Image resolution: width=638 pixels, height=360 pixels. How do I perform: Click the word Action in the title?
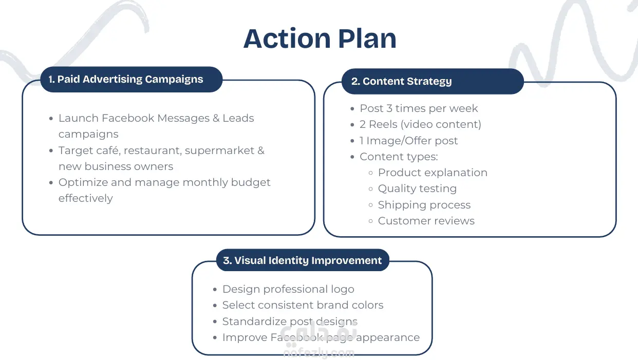click(x=287, y=39)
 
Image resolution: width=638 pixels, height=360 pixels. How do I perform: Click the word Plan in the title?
click(x=367, y=39)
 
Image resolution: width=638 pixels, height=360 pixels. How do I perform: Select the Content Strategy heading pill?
click(x=433, y=81)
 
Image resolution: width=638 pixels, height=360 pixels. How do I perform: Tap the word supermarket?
click(x=219, y=150)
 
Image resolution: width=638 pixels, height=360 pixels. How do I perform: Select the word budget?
click(x=251, y=182)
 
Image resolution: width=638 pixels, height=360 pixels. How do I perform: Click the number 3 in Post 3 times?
click(x=389, y=108)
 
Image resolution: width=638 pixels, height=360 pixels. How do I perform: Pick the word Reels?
click(x=383, y=124)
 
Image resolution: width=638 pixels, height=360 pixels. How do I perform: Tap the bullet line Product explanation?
click(x=433, y=173)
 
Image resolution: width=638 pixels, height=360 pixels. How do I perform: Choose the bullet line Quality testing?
click(x=417, y=188)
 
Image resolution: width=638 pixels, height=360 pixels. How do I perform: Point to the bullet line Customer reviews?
click(x=426, y=221)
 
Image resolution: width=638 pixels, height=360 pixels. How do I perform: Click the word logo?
click(x=342, y=289)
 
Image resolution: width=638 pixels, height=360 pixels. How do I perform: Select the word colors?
click(x=367, y=305)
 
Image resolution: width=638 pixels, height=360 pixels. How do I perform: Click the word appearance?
click(x=388, y=338)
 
